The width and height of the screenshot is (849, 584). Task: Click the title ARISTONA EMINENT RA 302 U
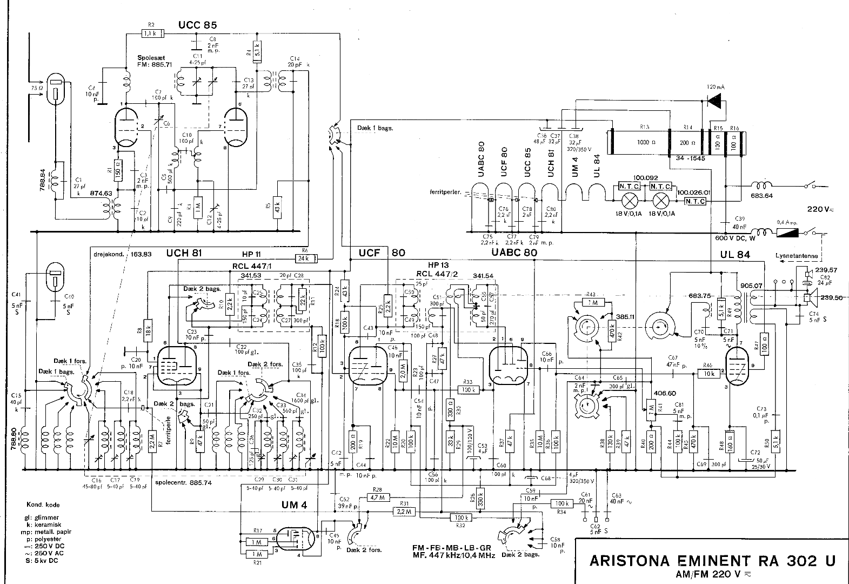pos(712,561)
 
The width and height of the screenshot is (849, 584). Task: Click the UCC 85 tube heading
pos(197,25)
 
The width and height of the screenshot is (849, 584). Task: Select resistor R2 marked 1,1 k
pos(151,34)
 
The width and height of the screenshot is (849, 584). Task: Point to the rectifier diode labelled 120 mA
pos(716,101)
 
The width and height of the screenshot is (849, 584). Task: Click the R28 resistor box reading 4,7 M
pos(378,497)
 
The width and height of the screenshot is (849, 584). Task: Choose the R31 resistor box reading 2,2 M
pos(404,511)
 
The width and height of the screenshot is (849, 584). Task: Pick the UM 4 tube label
pos(294,505)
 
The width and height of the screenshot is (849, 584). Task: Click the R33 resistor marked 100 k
pos(469,389)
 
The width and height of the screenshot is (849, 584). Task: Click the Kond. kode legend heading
pos(43,505)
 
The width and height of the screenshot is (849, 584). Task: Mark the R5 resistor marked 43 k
pos(277,208)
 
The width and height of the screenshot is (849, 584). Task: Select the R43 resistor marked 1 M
pos(593,302)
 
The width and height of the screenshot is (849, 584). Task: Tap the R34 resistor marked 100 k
pos(561,503)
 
